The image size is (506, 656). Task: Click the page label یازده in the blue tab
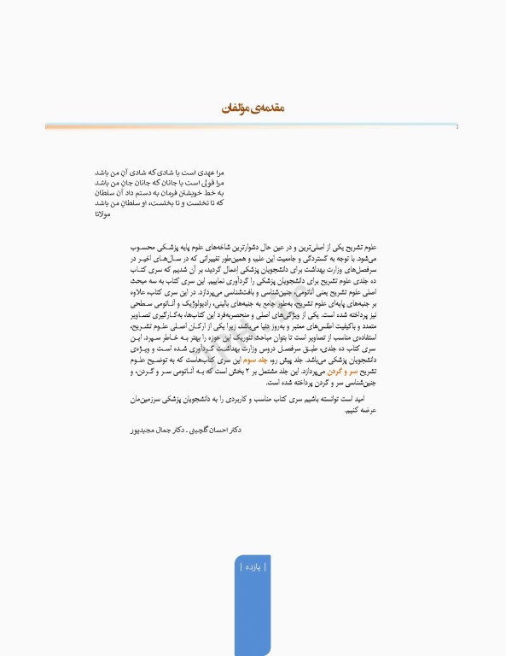pos(253,566)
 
